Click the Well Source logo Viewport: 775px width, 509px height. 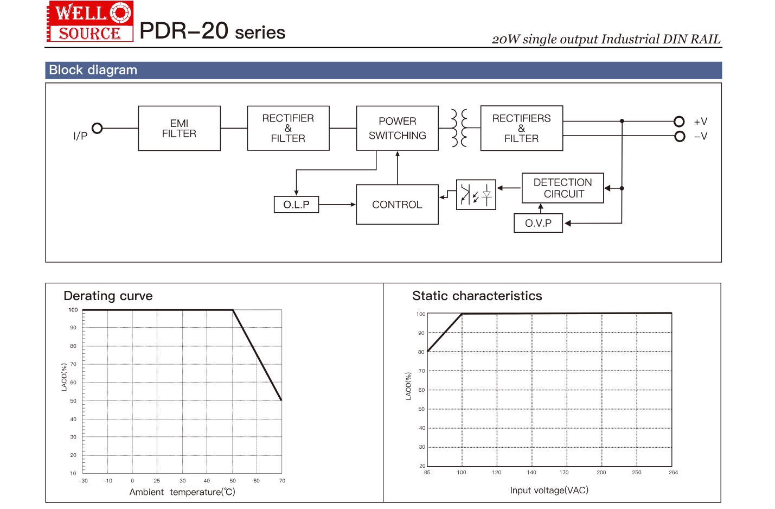pos(90,22)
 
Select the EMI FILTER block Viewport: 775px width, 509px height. pos(179,128)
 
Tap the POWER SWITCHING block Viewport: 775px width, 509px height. pos(397,128)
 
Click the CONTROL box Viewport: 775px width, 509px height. pos(397,205)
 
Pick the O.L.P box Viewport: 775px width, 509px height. pos(296,205)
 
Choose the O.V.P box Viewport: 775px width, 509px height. pos(538,223)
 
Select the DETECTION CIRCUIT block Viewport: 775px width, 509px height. pos(562,188)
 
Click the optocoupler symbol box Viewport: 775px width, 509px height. pos(476,194)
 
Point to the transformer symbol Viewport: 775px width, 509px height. pos(459,128)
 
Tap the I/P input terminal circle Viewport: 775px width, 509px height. pos(97,128)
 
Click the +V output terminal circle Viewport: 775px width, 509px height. pos(679,121)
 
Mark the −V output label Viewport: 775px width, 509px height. pos(701,136)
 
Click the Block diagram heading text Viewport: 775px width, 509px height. pos(93,70)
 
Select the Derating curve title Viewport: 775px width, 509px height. pos(108,296)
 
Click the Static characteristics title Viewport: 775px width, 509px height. pos(477,296)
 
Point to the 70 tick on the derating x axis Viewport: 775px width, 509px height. pos(282,481)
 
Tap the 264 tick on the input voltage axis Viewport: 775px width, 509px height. pos(673,473)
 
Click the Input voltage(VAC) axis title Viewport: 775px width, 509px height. pos(549,491)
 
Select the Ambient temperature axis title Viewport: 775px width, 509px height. pos(182,492)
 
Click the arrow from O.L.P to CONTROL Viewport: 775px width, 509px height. pos(337,205)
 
